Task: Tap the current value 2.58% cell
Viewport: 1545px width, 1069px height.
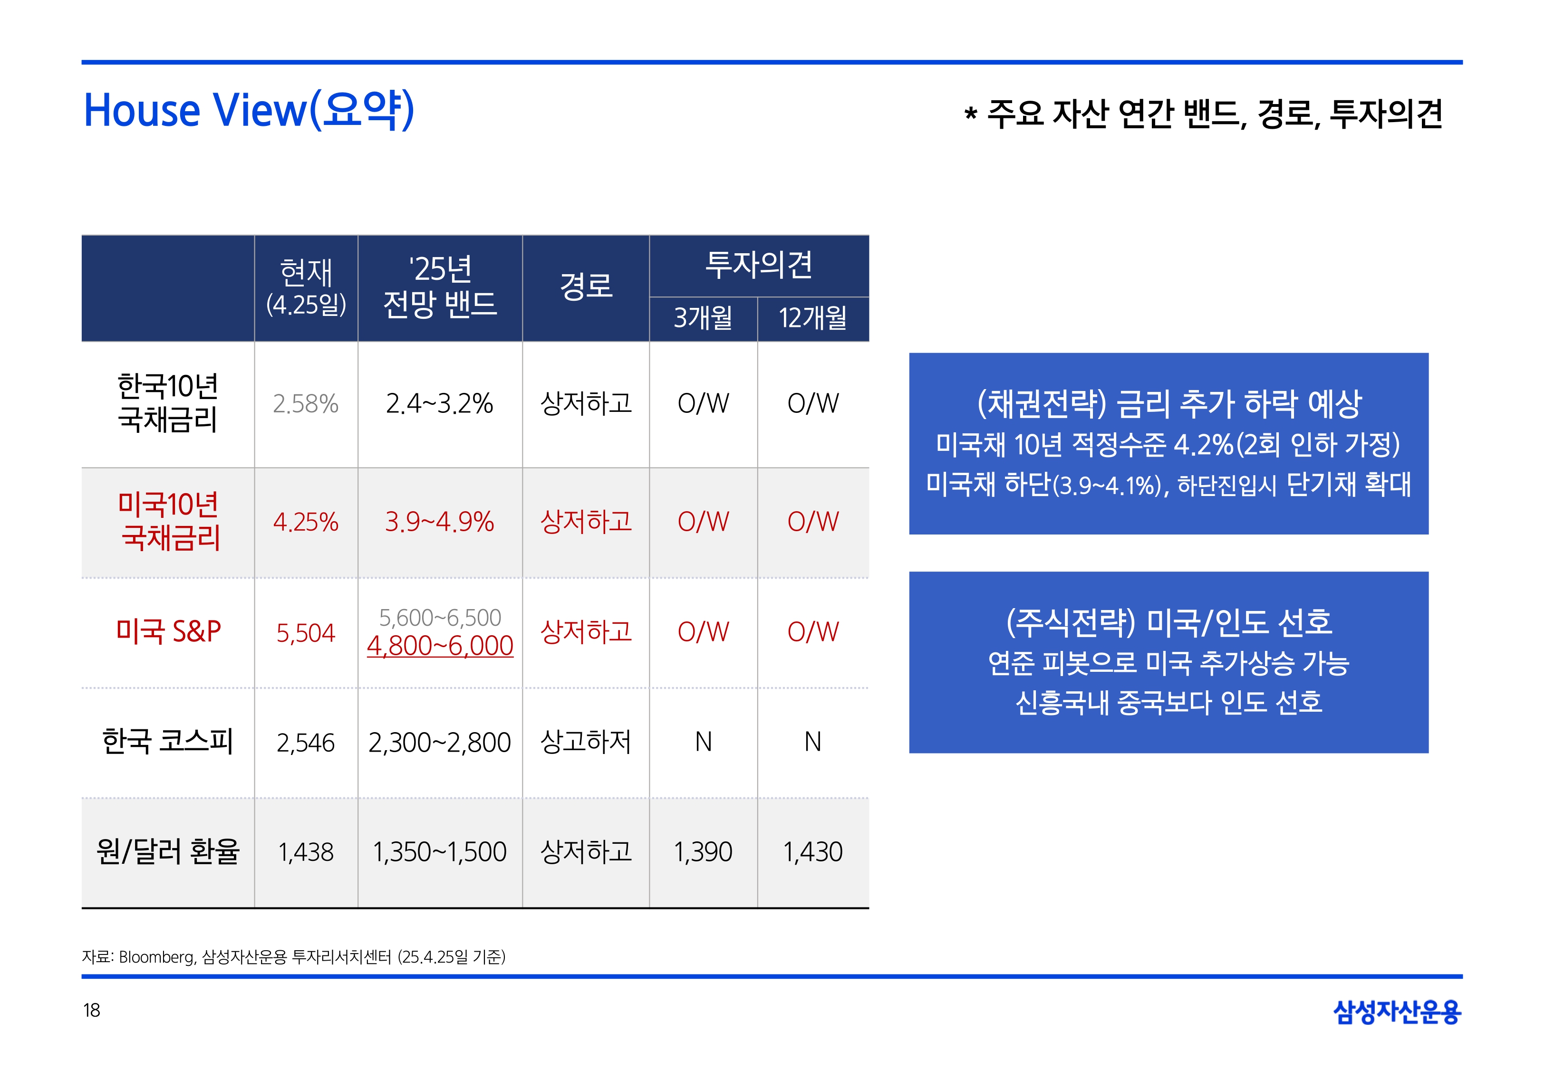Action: (306, 404)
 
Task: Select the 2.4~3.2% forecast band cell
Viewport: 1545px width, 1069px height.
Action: (440, 404)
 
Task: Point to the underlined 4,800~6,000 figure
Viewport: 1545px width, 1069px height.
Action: (440, 646)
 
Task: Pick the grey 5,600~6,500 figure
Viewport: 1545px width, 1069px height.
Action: (440, 617)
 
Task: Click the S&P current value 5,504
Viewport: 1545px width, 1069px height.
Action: (306, 633)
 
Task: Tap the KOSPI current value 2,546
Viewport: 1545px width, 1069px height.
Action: (306, 743)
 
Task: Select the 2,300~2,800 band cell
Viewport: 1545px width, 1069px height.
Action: (440, 743)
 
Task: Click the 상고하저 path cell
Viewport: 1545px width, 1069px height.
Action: (586, 742)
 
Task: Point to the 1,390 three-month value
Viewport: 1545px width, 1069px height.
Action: (703, 852)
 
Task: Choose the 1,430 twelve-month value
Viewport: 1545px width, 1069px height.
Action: (813, 852)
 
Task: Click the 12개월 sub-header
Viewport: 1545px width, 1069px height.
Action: (813, 317)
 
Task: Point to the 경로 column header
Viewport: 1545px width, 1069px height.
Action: (586, 286)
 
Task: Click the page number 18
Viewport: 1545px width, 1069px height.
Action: (92, 1010)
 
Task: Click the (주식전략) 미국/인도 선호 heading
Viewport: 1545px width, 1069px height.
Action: (1168, 622)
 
